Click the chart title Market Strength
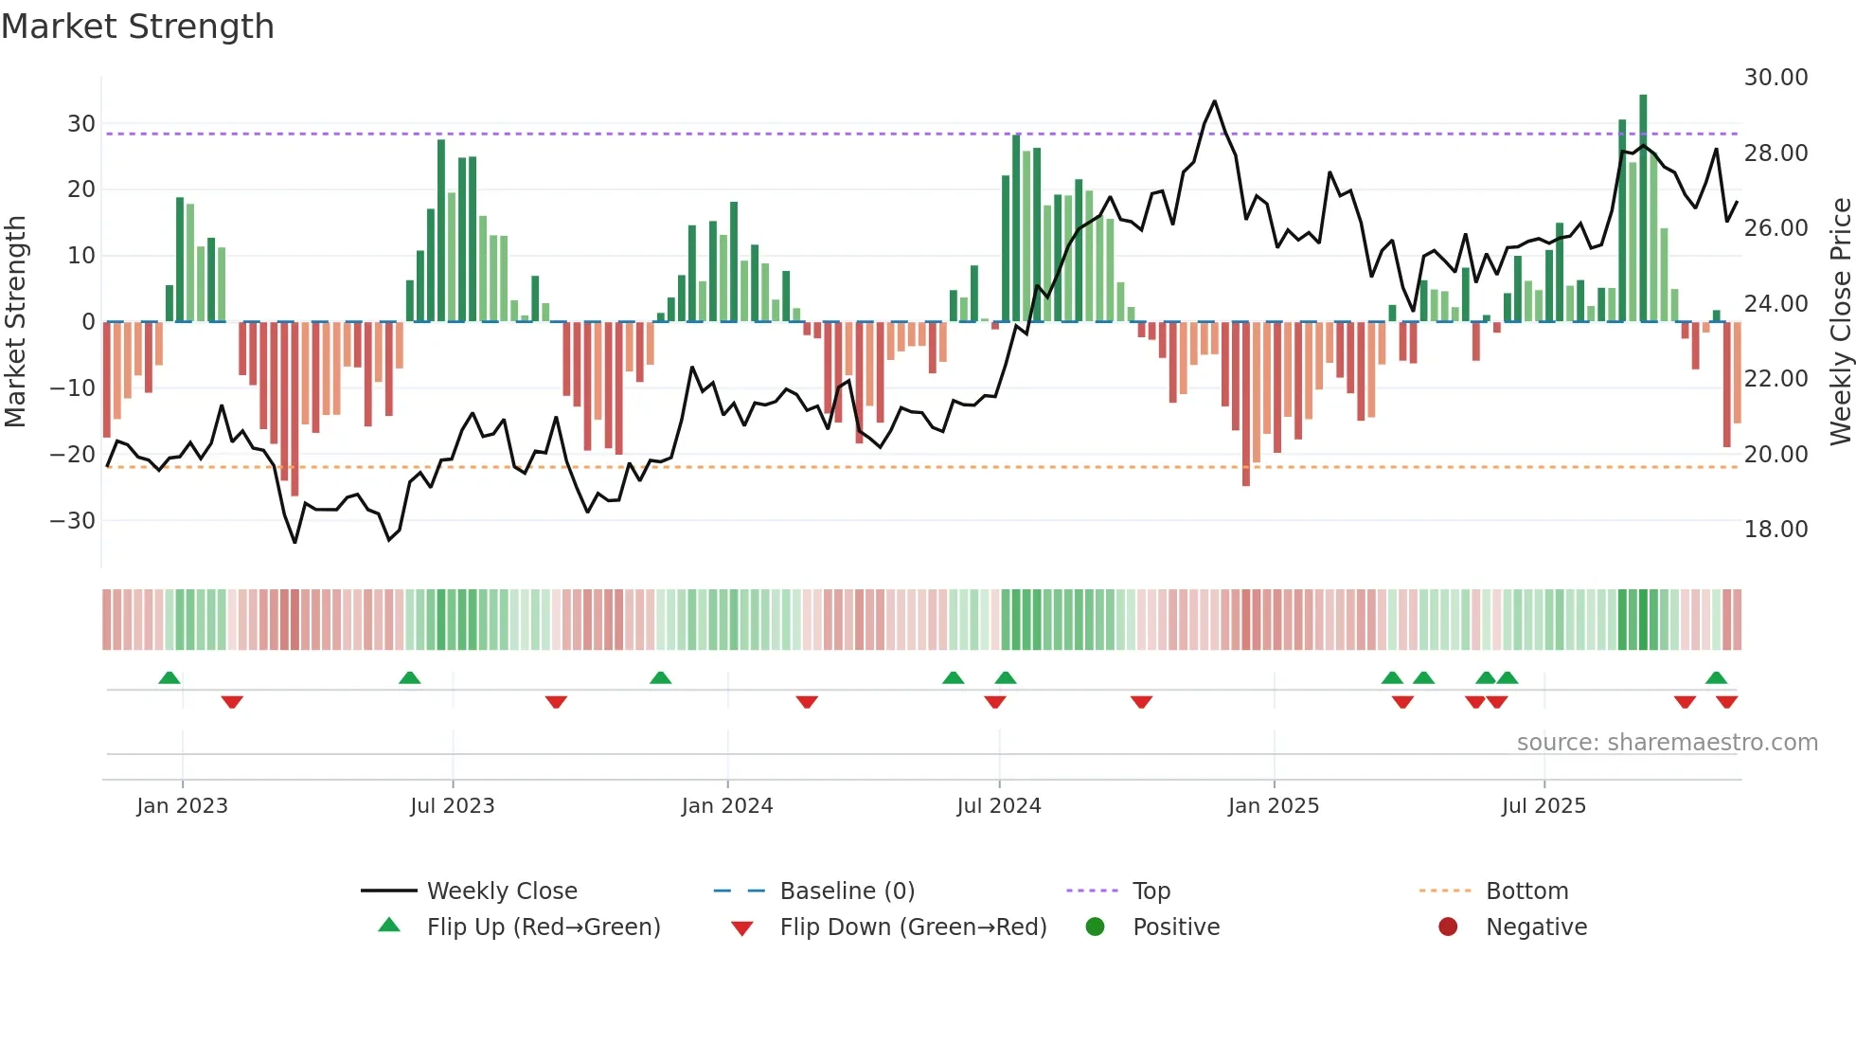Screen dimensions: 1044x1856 [137, 27]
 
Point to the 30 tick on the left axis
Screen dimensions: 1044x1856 [81, 124]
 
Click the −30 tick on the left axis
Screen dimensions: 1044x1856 [73, 521]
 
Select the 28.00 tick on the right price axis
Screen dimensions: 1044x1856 [1776, 153]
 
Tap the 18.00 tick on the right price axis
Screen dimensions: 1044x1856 [1776, 530]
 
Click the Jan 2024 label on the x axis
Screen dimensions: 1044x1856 [726, 806]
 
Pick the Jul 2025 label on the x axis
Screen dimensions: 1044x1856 [1543, 806]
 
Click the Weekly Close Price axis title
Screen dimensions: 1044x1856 [1840, 322]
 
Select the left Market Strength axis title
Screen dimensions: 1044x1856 [15, 322]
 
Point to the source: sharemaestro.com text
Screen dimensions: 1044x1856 [1667, 743]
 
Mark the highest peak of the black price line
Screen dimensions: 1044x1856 [1214, 101]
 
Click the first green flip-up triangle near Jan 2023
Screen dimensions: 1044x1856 [170, 677]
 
